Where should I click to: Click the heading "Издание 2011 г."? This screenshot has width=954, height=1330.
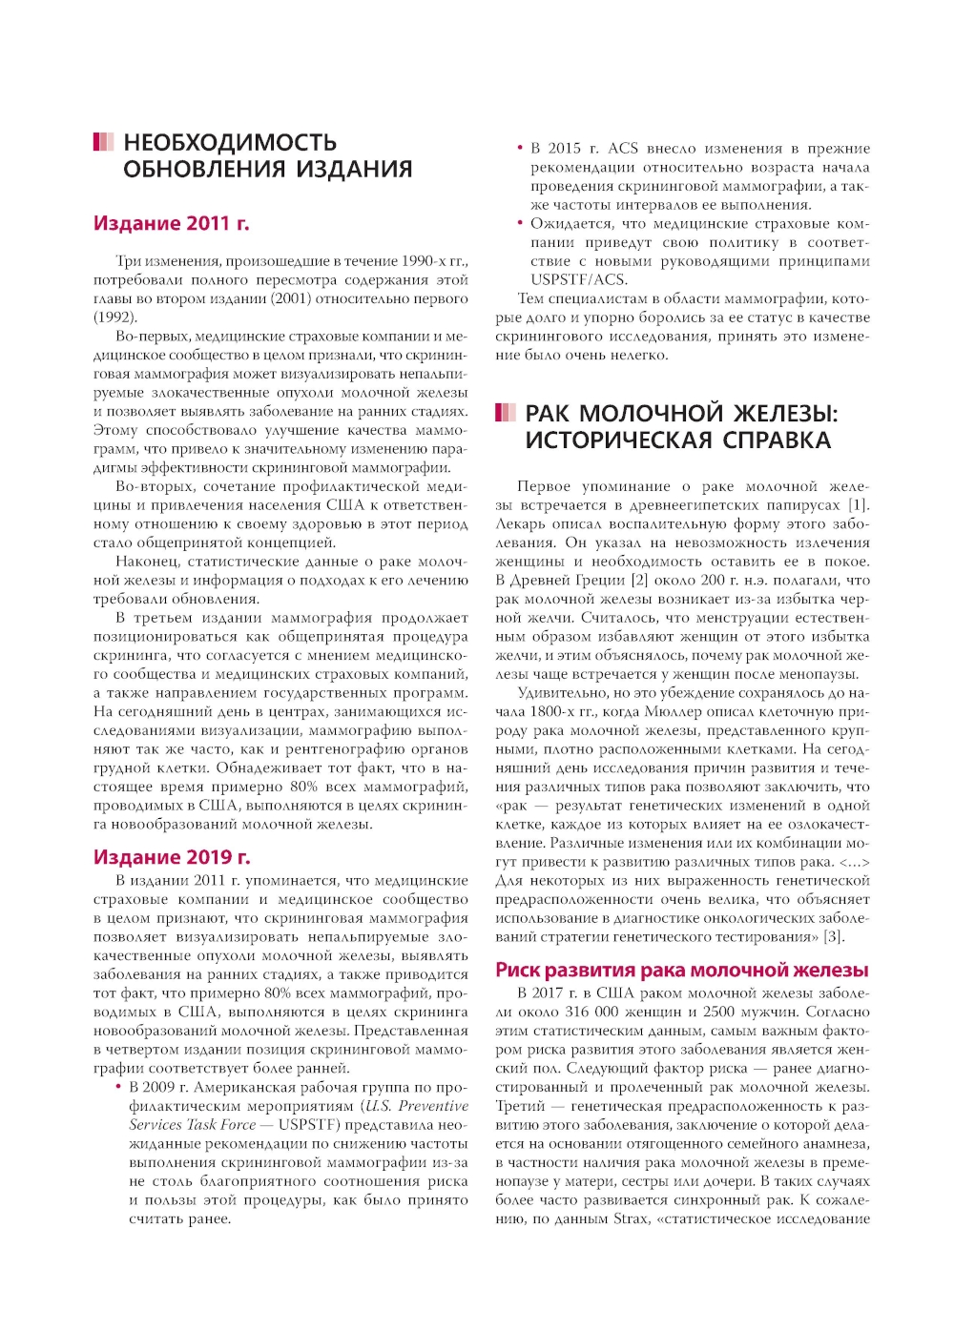[x=172, y=224]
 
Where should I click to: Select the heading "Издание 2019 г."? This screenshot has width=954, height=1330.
[x=172, y=857]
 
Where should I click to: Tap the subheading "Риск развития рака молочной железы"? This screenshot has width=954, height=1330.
[x=681, y=971]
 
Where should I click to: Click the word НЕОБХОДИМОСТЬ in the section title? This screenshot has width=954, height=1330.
[x=230, y=143]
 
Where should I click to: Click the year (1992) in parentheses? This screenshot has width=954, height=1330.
[x=115, y=317]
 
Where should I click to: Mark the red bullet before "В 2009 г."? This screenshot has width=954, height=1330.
[x=118, y=1087]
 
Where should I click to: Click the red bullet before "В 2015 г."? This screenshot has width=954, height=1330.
[x=520, y=148]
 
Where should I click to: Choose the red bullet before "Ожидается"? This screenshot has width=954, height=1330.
[x=520, y=223]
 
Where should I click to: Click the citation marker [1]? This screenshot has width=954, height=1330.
[x=859, y=505]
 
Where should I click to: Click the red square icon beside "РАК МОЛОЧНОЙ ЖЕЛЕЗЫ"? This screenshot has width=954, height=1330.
[x=505, y=413]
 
